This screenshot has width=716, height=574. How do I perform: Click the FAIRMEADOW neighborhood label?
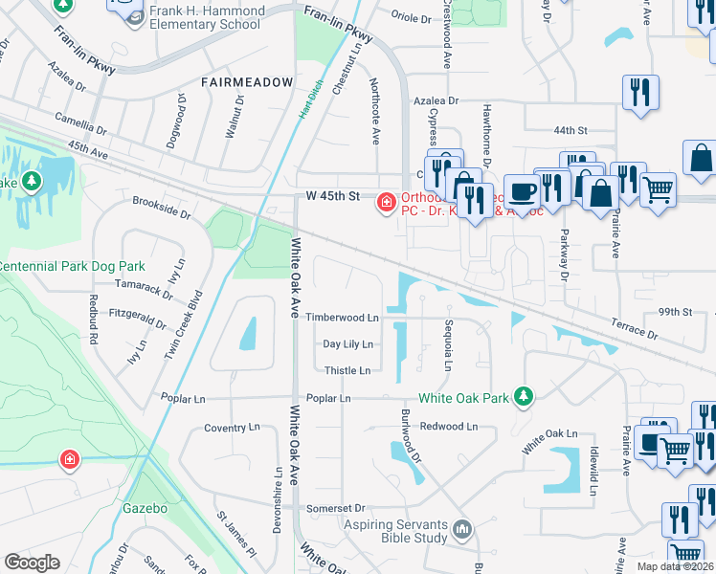(247, 83)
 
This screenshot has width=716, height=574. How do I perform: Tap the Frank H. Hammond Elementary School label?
(205, 16)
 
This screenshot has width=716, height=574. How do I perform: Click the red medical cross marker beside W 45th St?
(386, 201)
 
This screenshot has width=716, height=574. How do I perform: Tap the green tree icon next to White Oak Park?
(523, 395)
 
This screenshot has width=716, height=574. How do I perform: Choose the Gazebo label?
(145, 508)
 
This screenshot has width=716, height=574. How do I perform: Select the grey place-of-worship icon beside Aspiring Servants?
(462, 528)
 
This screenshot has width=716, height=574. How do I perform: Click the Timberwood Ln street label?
(342, 318)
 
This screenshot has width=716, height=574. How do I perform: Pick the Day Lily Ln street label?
(347, 344)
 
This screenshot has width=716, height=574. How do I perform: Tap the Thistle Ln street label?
(347, 371)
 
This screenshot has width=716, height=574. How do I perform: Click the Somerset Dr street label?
(336, 508)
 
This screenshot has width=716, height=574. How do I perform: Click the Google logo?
(32, 563)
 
